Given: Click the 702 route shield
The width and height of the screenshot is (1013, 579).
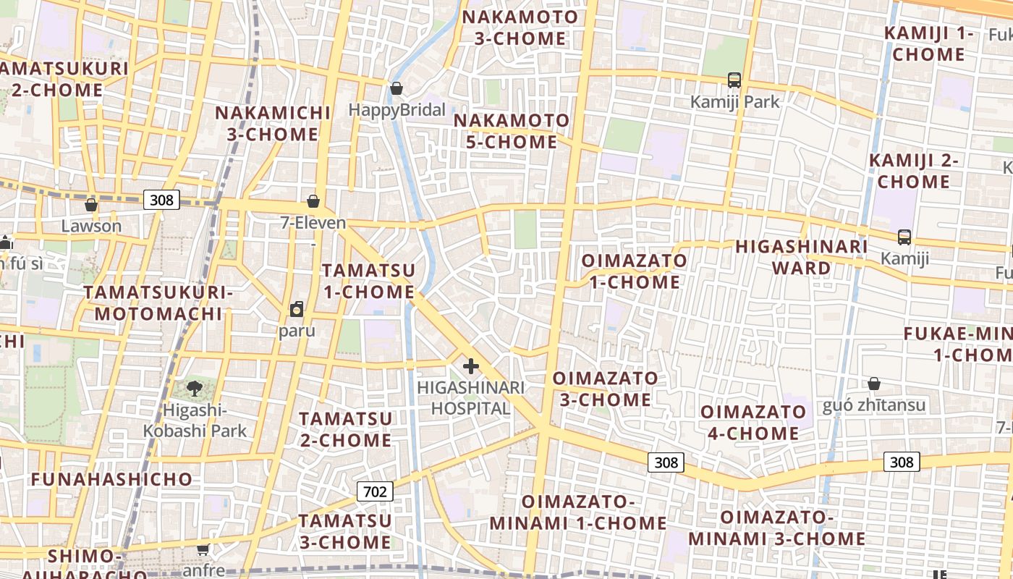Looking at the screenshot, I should click(375, 492).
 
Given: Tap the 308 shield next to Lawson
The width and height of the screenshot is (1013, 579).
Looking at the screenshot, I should click(161, 199).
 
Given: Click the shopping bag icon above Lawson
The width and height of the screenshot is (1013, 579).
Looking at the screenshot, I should click(91, 205).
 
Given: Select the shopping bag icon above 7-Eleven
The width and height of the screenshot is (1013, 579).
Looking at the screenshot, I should click(313, 200).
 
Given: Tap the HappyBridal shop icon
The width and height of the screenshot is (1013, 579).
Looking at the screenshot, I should click(397, 88).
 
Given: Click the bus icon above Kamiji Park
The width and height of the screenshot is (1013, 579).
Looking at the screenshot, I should click(734, 80).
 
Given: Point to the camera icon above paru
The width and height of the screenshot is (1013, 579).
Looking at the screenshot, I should click(297, 310).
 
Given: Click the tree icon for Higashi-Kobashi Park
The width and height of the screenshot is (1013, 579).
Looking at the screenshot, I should click(194, 389).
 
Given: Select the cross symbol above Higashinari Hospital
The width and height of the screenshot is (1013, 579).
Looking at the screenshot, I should click(470, 365).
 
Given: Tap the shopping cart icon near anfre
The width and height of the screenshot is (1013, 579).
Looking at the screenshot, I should click(203, 549).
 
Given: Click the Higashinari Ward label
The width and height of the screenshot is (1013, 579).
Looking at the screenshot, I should click(801, 257).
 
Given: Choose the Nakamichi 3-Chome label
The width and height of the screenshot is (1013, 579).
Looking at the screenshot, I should click(272, 124).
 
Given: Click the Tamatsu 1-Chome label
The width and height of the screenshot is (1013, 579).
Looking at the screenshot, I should click(368, 281).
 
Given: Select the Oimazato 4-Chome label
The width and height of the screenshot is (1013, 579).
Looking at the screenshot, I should click(753, 423).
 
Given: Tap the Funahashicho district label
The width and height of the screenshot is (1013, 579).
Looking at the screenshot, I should click(111, 479).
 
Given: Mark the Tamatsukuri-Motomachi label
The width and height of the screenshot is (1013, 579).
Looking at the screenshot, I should click(158, 303).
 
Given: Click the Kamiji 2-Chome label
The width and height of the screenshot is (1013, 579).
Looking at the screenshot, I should click(913, 171).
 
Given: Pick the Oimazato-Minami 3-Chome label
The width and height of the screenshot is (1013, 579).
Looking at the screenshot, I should click(776, 528).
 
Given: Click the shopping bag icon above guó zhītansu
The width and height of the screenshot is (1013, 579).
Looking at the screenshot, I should click(874, 383).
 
